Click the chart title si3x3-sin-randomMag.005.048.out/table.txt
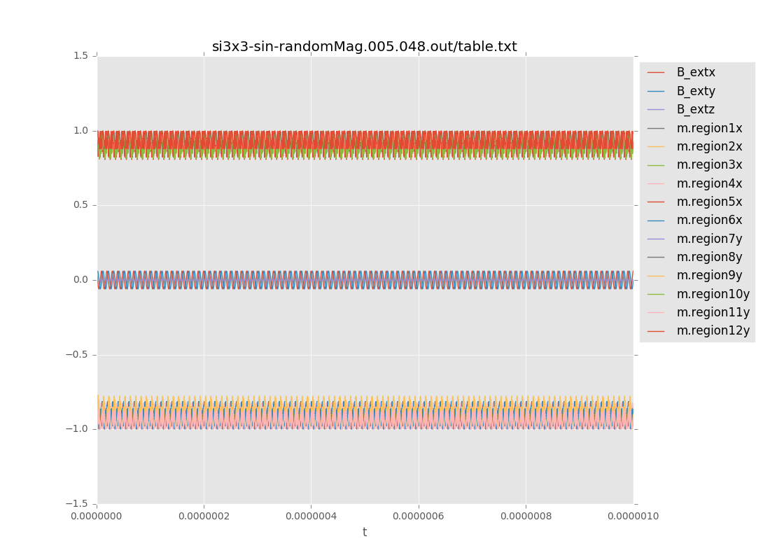tap(364, 47)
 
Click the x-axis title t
tap(365, 532)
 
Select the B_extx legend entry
tap(695, 72)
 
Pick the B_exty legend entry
tap(695, 91)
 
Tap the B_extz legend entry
tap(695, 109)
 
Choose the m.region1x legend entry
tap(709, 128)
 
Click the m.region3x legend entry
tap(709, 164)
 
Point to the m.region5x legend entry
tap(709, 202)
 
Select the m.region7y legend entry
tap(709, 239)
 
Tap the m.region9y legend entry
tap(709, 275)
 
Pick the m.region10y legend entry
tap(713, 294)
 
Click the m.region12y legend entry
tap(713, 330)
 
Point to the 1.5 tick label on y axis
tap(81, 56)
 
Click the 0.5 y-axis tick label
tap(81, 205)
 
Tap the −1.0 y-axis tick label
tap(78, 429)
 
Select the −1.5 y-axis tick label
tap(78, 504)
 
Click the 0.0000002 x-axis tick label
tap(204, 517)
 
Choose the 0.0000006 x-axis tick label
tap(419, 517)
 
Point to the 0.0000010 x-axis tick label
tap(633, 517)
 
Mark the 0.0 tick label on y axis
tap(81, 280)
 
